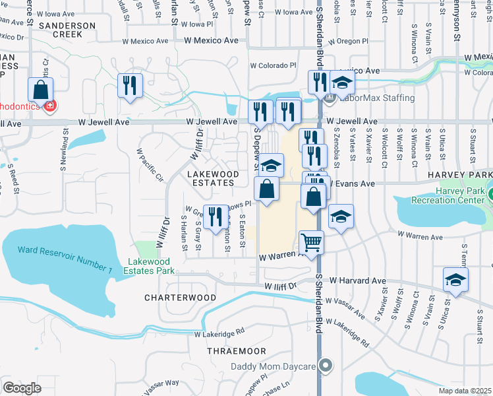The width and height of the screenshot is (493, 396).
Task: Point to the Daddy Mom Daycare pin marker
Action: click(x=325, y=366)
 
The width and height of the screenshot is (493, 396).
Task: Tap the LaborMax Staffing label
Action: click(x=379, y=98)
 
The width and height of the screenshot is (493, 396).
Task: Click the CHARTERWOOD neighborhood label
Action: click(x=180, y=298)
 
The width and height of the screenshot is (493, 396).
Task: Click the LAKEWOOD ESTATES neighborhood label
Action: click(x=212, y=178)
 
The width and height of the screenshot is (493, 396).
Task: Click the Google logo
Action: click(x=22, y=388)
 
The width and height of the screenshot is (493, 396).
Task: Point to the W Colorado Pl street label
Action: click(x=273, y=65)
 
